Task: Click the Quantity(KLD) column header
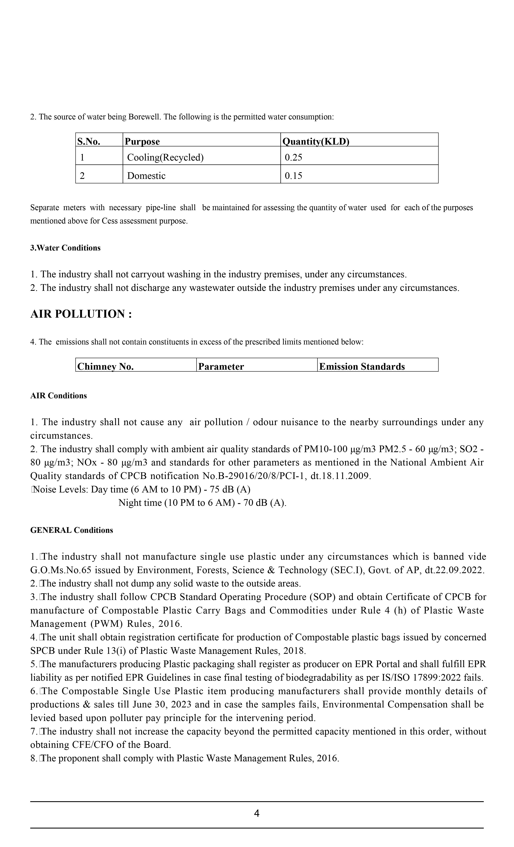pyautogui.click(x=315, y=142)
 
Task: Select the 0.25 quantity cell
pyautogui.click(x=293, y=158)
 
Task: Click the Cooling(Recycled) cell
pyautogui.click(x=165, y=158)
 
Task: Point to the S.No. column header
pyautogui.click(x=89, y=142)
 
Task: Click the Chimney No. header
pyautogui.click(x=105, y=366)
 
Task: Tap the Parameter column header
pyautogui.click(x=221, y=366)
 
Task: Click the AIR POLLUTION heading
pyautogui.click(x=81, y=314)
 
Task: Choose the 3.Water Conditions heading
pyautogui.click(x=65, y=248)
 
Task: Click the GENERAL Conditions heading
pyautogui.click(x=72, y=530)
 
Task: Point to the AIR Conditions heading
pyautogui.click(x=58, y=396)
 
